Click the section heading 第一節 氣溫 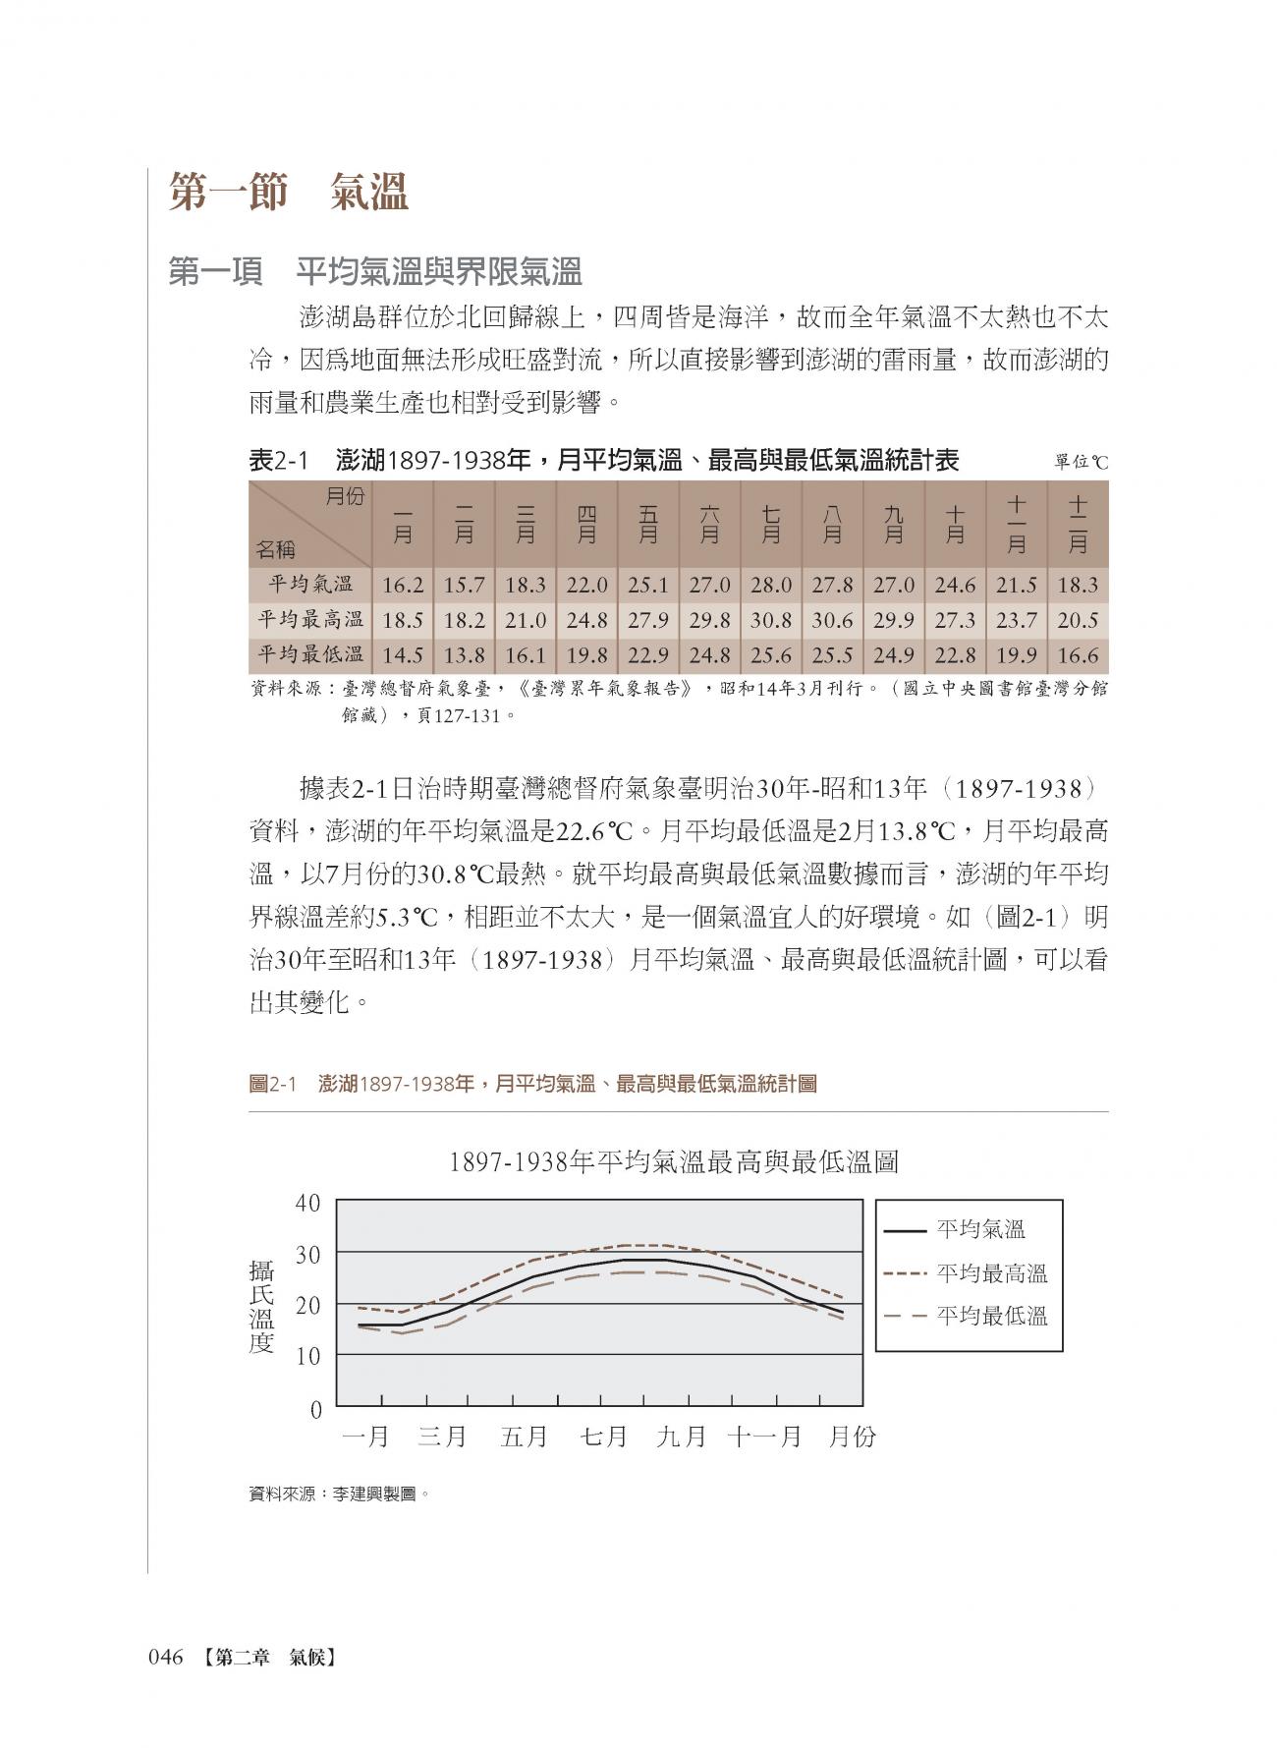coord(288,192)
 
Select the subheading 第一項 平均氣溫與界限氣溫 coord(375,272)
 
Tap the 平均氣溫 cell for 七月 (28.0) coord(771,586)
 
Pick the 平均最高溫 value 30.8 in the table coord(771,621)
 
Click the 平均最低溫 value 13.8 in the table coord(465,656)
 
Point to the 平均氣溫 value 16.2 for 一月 coord(403,586)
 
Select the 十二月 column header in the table coord(1078,524)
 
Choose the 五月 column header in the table coord(648,524)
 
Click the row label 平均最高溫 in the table coord(310,621)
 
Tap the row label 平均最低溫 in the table coord(310,656)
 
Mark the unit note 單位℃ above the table coord(1081,462)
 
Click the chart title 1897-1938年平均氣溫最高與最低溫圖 coord(673,1163)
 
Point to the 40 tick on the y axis coord(308,1203)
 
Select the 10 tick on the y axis coord(308,1357)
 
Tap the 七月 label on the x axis coord(604,1437)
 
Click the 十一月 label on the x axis coord(764,1437)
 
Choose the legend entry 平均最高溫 coord(992,1274)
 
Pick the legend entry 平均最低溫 coord(992,1317)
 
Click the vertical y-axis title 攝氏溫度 coord(261,1308)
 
